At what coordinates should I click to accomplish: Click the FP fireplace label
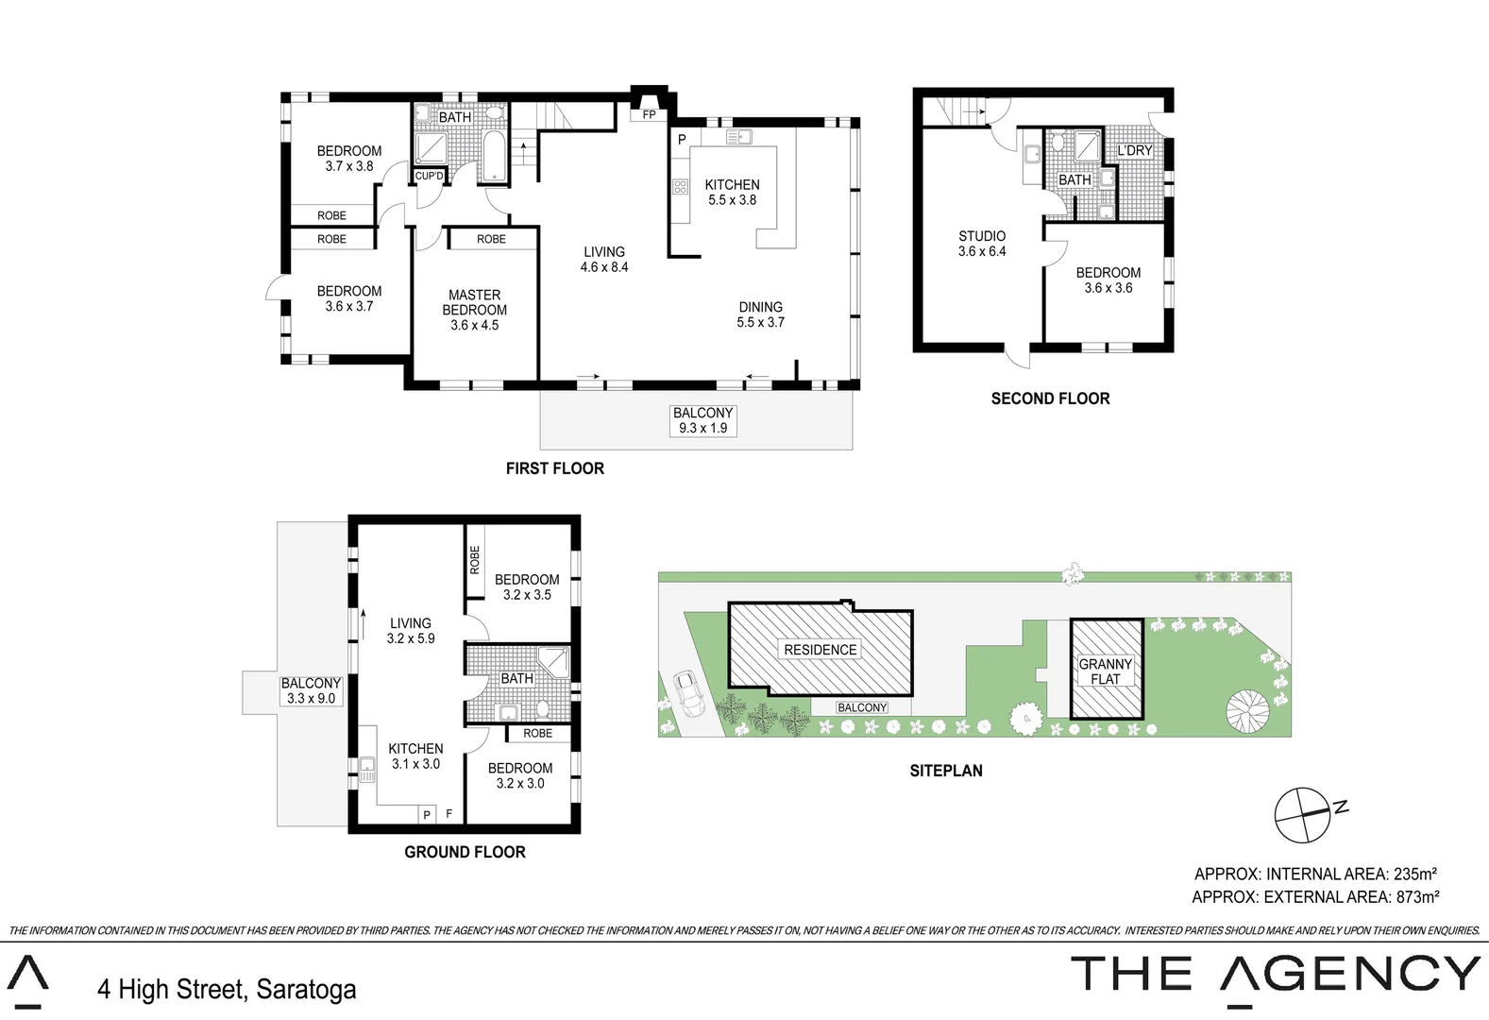coord(649,115)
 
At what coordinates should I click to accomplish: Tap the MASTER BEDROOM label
coord(474,310)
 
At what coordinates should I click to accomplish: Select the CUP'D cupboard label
coord(429,176)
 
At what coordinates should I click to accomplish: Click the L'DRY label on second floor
coord(1135,150)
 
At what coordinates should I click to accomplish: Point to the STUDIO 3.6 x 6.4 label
coord(982,244)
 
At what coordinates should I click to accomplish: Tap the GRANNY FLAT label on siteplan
coord(1106,671)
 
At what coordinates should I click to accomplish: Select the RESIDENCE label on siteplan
coord(820,650)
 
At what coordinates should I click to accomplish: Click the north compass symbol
coord(1303,814)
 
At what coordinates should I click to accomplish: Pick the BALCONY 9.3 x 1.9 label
coord(702,420)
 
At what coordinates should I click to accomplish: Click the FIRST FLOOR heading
coord(554,468)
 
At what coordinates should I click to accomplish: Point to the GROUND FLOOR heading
coord(465,852)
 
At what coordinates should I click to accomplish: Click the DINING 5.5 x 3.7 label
coord(760,314)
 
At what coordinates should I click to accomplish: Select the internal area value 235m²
coord(1414,875)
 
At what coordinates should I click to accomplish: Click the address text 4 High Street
coord(227,989)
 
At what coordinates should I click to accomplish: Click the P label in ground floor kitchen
coord(427,814)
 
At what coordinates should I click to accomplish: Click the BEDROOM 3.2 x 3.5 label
coord(527,586)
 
